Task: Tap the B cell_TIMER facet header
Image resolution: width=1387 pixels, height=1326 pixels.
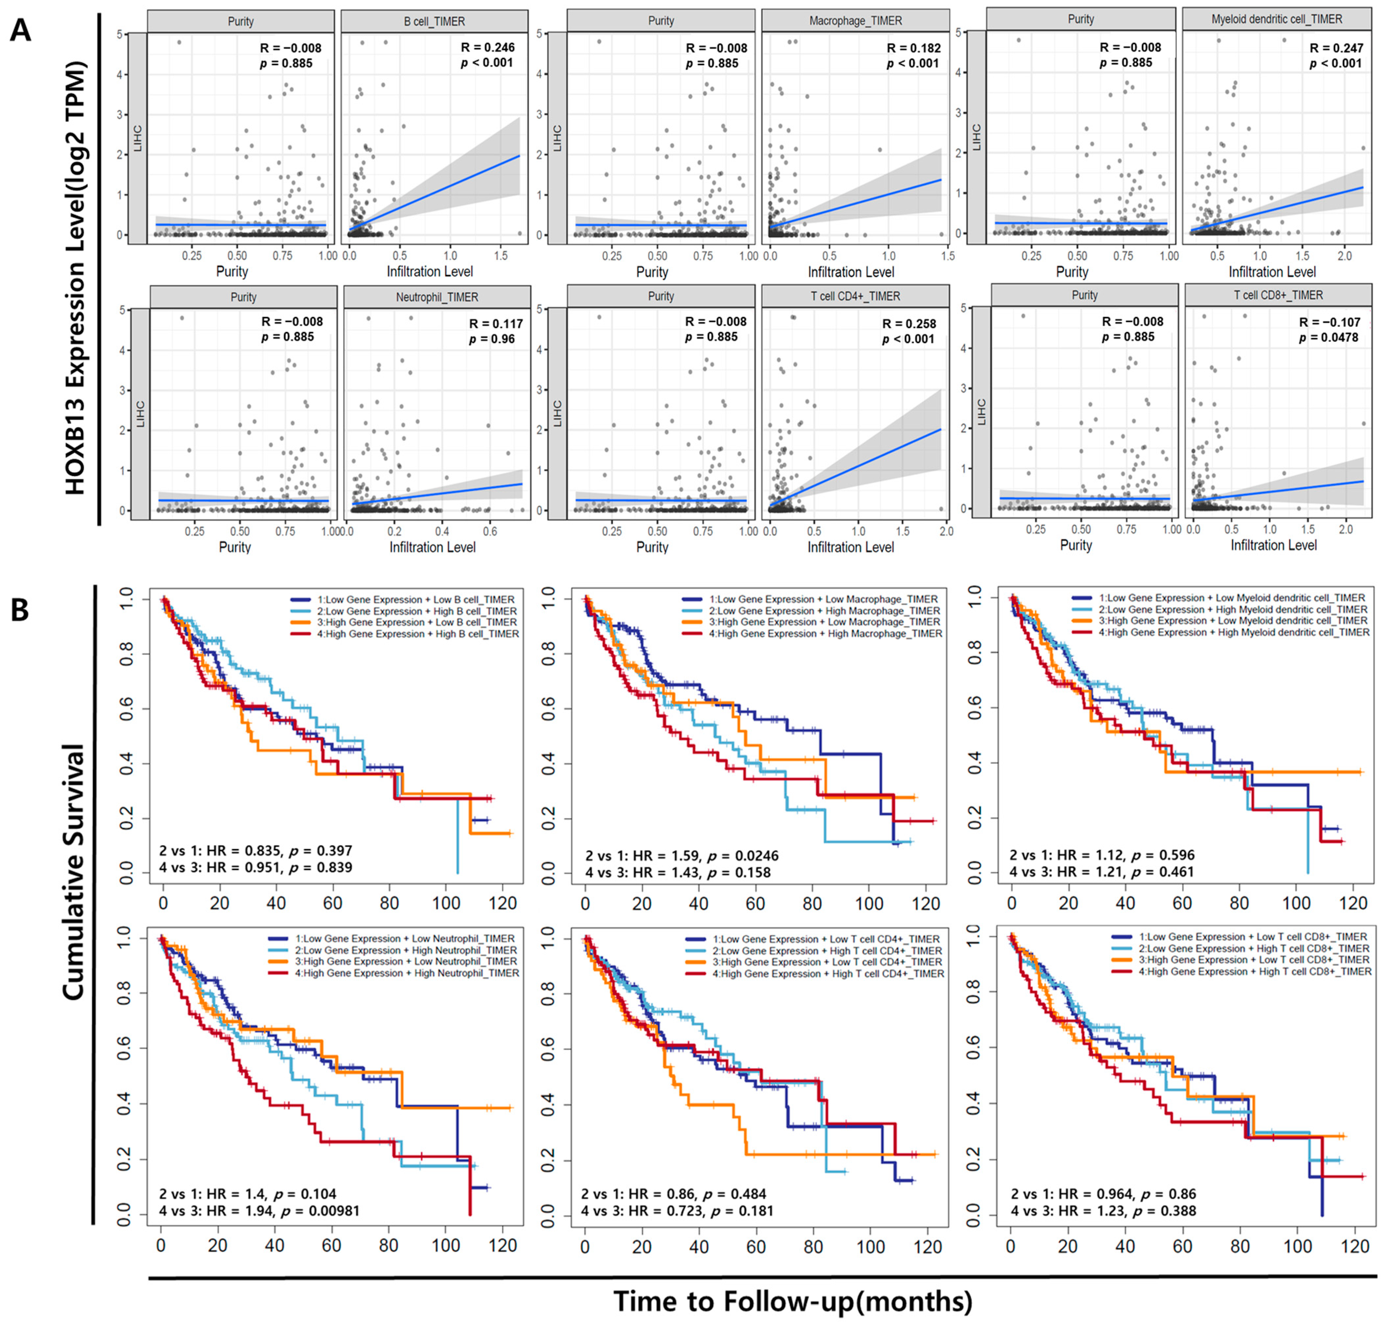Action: pyautogui.click(x=434, y=21)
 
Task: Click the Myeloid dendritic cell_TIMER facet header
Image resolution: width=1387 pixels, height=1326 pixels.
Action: pyautogui.click(x=1276, y=19)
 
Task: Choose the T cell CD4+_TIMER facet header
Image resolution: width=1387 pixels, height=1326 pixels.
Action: pyautogui.click(x=855, y=296)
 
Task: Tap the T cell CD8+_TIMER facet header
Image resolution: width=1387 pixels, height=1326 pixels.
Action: pyautogui.click(x=1277, y=295)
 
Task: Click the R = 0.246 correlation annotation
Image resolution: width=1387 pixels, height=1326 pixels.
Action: pyautogui.click(x=488, y=47)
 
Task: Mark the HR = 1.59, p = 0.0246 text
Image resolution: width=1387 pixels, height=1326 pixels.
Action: pyautogui.click(x=682, y=855)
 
